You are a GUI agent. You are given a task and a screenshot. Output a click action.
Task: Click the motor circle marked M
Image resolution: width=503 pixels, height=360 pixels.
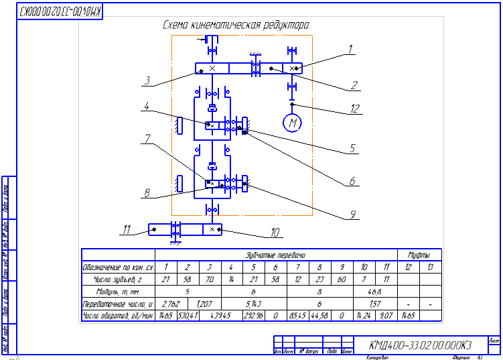(292, 123)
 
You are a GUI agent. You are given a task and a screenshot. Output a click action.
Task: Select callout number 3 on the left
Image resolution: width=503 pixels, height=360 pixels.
(145, 81)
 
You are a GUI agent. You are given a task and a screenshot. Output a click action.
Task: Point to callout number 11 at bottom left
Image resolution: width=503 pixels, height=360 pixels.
(125, 230)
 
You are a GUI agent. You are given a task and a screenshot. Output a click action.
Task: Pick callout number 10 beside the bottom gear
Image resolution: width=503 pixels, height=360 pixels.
(275, 233)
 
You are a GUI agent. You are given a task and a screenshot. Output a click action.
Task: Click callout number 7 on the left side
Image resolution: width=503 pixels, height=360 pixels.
(145, 139)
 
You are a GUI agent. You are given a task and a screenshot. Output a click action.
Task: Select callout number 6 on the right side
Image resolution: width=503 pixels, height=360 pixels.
(351, 180)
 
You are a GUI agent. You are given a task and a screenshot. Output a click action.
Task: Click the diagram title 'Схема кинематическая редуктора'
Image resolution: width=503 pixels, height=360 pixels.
(236, 25)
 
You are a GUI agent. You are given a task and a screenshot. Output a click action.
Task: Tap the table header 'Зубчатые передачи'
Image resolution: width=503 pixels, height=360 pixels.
(276, 255)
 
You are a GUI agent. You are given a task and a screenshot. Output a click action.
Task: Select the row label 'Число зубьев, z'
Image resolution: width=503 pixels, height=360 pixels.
(118, 279)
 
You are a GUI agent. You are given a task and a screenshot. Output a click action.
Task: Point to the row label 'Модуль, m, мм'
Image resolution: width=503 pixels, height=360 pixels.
(118, 291)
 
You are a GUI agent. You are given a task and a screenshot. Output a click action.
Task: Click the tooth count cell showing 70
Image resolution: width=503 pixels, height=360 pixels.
(209, 279)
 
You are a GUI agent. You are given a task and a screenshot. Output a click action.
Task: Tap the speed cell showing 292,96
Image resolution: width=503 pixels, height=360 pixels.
(253, 315)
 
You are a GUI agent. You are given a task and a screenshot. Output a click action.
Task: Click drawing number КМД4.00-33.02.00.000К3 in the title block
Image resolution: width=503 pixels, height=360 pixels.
(421, 346)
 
